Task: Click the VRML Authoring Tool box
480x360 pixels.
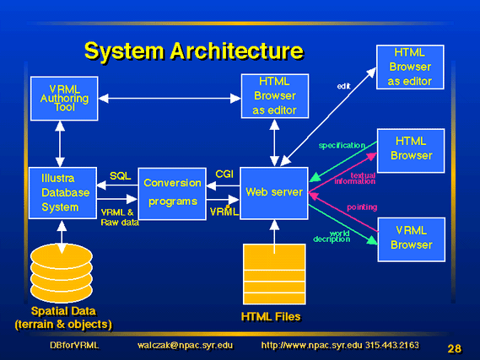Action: point(64,99)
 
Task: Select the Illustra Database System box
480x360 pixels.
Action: point(62,193)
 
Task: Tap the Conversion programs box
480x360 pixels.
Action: point(172,194)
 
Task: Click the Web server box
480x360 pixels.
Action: point(274,193)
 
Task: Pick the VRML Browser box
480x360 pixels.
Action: point(412,239)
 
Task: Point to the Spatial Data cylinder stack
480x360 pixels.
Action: point(62,272)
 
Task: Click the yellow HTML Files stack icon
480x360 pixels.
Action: point(274,274)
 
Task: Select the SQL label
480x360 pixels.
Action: point(121,176)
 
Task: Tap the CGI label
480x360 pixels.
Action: point(224,174)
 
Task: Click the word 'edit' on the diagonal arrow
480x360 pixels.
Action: point(343,86)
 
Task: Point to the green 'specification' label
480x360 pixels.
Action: point(342,145)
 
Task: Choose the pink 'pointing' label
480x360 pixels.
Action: point(362,207)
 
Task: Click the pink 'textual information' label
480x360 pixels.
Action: point(355,179)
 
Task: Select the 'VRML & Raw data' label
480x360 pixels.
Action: point(120,218)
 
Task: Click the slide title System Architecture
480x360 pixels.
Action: point(194,51)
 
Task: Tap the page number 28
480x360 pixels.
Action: point(455,348)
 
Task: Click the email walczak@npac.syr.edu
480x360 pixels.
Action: point(186,346)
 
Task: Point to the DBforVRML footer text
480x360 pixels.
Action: point(74,346)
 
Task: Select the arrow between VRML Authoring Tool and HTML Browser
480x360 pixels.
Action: point(170,99)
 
